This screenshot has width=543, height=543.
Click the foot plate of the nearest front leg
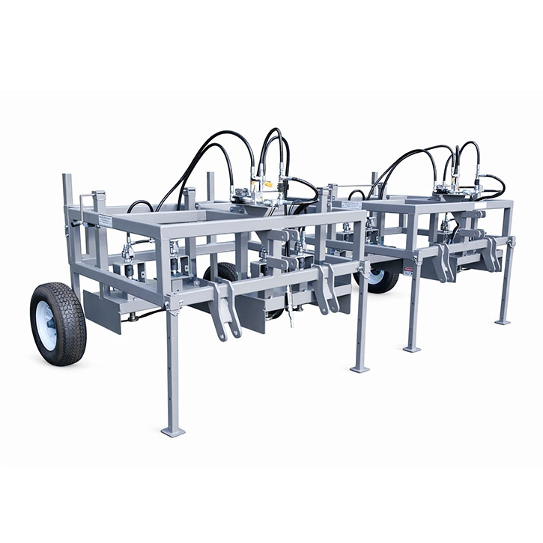point(173,431)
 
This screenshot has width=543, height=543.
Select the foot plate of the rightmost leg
point(503,322)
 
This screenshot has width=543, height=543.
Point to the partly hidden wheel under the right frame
point(383,278)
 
